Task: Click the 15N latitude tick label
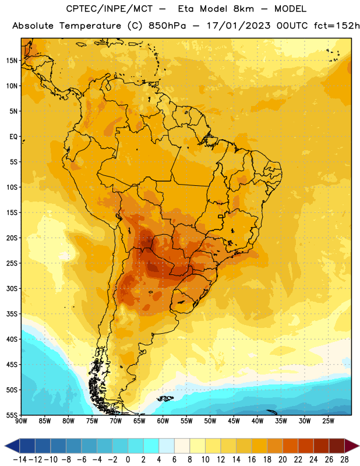(x=12, y=61)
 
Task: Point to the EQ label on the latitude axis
(x=13, y=137)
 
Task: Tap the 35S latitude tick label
(x=12, y=314)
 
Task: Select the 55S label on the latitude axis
(x=12, y=415)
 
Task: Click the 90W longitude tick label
(x=21, y=421)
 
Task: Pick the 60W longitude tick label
(x=163, y=421)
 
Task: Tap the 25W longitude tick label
(x=329, y=421)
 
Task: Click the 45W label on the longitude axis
(x=234, y=421)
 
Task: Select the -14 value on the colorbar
(x=20, y=460)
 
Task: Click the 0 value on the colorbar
(x=128, y=460)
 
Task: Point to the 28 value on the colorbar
(x=344, y=460)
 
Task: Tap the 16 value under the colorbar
(x=252, y=460)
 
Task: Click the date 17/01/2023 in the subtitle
(x=238, y=26)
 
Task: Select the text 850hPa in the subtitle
(x=167, y=26)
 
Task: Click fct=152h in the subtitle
(x=336, y=26)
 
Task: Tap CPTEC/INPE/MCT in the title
(x=109, y=9)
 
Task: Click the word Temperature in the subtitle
(x=90, y=26)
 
